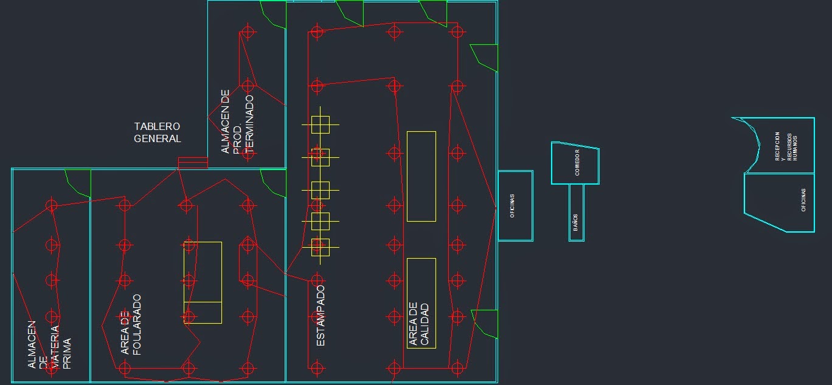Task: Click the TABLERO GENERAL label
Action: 158,132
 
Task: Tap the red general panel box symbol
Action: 193,163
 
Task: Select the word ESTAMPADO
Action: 321,316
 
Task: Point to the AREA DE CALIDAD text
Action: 419,324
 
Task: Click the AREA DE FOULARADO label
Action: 131,324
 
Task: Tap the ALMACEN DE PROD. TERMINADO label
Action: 237,121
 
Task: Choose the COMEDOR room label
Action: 577,163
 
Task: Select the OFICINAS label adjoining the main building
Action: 513,206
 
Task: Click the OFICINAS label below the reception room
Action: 803,200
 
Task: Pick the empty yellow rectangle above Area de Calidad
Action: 421,176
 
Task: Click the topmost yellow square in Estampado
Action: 320,124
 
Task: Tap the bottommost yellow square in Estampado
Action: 320,247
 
